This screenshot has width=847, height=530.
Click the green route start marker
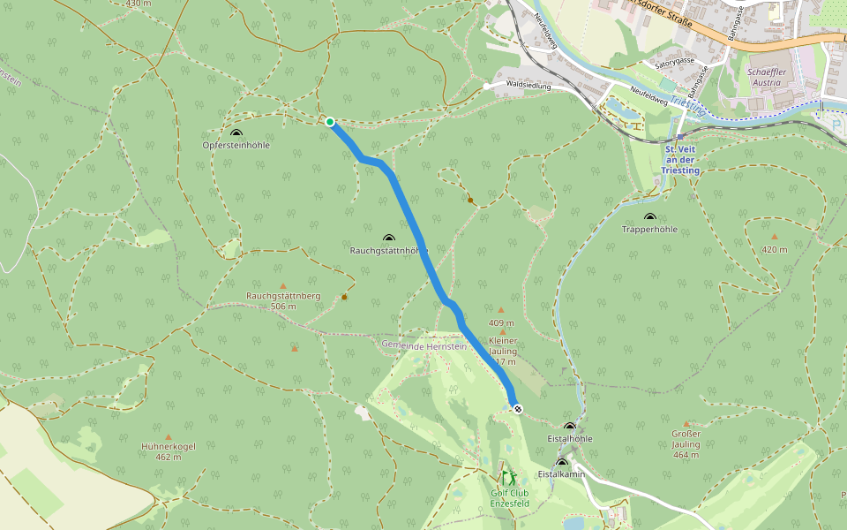[x=329, y=122]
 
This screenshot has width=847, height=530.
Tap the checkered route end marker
[x=518, y=408]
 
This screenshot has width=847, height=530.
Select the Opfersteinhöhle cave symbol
[x=236, y=132]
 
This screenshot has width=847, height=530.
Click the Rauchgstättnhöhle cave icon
[x=389, y=238]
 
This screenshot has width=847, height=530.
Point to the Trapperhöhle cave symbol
[x=650, y=217]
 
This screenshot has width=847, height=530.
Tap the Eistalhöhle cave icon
[x=569, y=427]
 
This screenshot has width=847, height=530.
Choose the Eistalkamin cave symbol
[x=562, y=462]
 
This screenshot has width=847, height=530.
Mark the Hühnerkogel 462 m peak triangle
[x=168, y=435]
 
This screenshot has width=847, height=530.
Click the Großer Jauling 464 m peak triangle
[x=686, y=424]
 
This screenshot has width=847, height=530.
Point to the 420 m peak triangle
[x=774, y=237]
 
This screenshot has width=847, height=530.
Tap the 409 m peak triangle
[x=500, y=310]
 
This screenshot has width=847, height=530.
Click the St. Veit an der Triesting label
[x=681, y=160]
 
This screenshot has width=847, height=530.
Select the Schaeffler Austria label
[x=764, y=77]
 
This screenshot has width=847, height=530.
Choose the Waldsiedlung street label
[x=528, y=87]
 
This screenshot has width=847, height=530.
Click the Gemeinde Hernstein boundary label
[x=423, y=344]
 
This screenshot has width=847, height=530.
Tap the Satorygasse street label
[x=675, y=64]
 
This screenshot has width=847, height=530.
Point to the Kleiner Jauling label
[x=503, y=345]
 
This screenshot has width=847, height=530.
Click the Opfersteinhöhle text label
[x=236, y=145]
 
